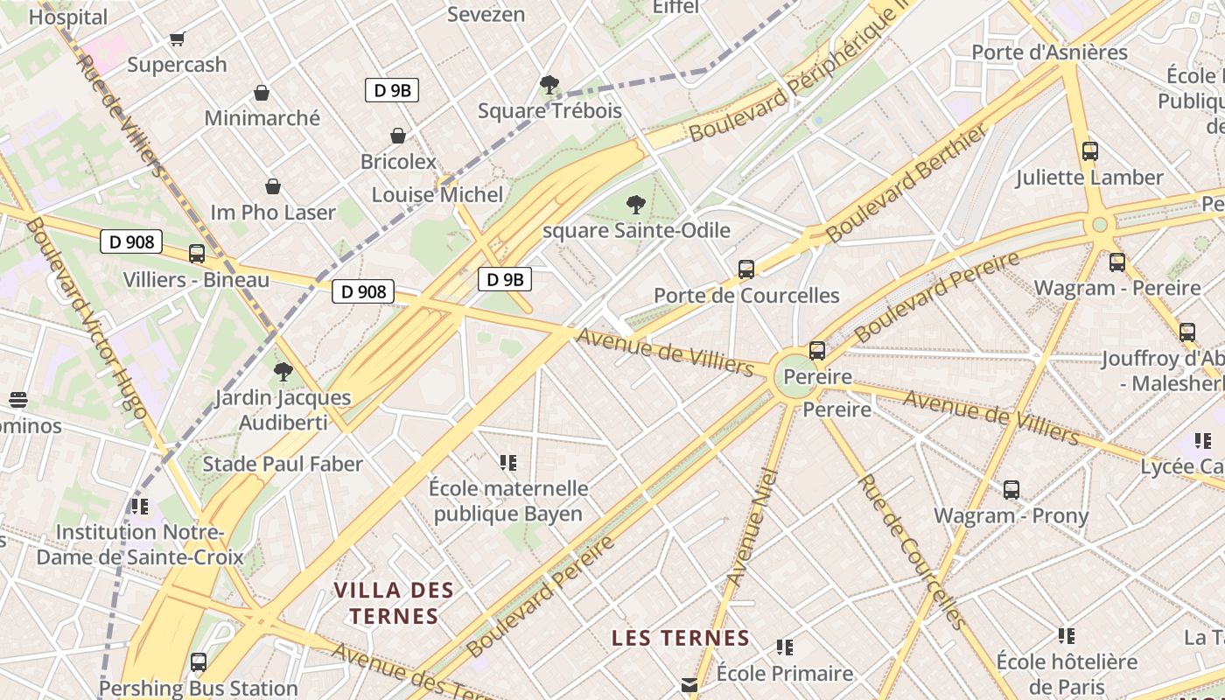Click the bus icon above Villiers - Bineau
click(x=197, y=254)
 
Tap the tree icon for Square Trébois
click(x=549, y=85)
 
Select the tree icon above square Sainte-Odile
click(x=636, y=205)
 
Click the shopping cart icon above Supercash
click(x=178, y=38)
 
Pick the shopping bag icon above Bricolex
click(x=398, y=136)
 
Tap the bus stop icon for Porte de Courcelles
click(x=746, y=269)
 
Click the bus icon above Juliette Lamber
click(x=1090, y=150)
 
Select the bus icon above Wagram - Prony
click(x=1011, y=489)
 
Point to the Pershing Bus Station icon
click(x=199, y=662)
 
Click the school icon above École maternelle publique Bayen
click(x=508, y=462)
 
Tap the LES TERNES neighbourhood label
click(x=681, y=638)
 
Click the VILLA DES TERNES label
click(x=394, y=603)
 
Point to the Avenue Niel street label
click(x=752, y=528)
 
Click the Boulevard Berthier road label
click(x=906, y=183)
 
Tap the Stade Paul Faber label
click(x=283, y=464)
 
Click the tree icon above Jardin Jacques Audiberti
click(x=283, y=372)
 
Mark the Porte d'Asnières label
click(x=1050, y=52)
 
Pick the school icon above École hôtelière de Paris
click(x=1067, y=635)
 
